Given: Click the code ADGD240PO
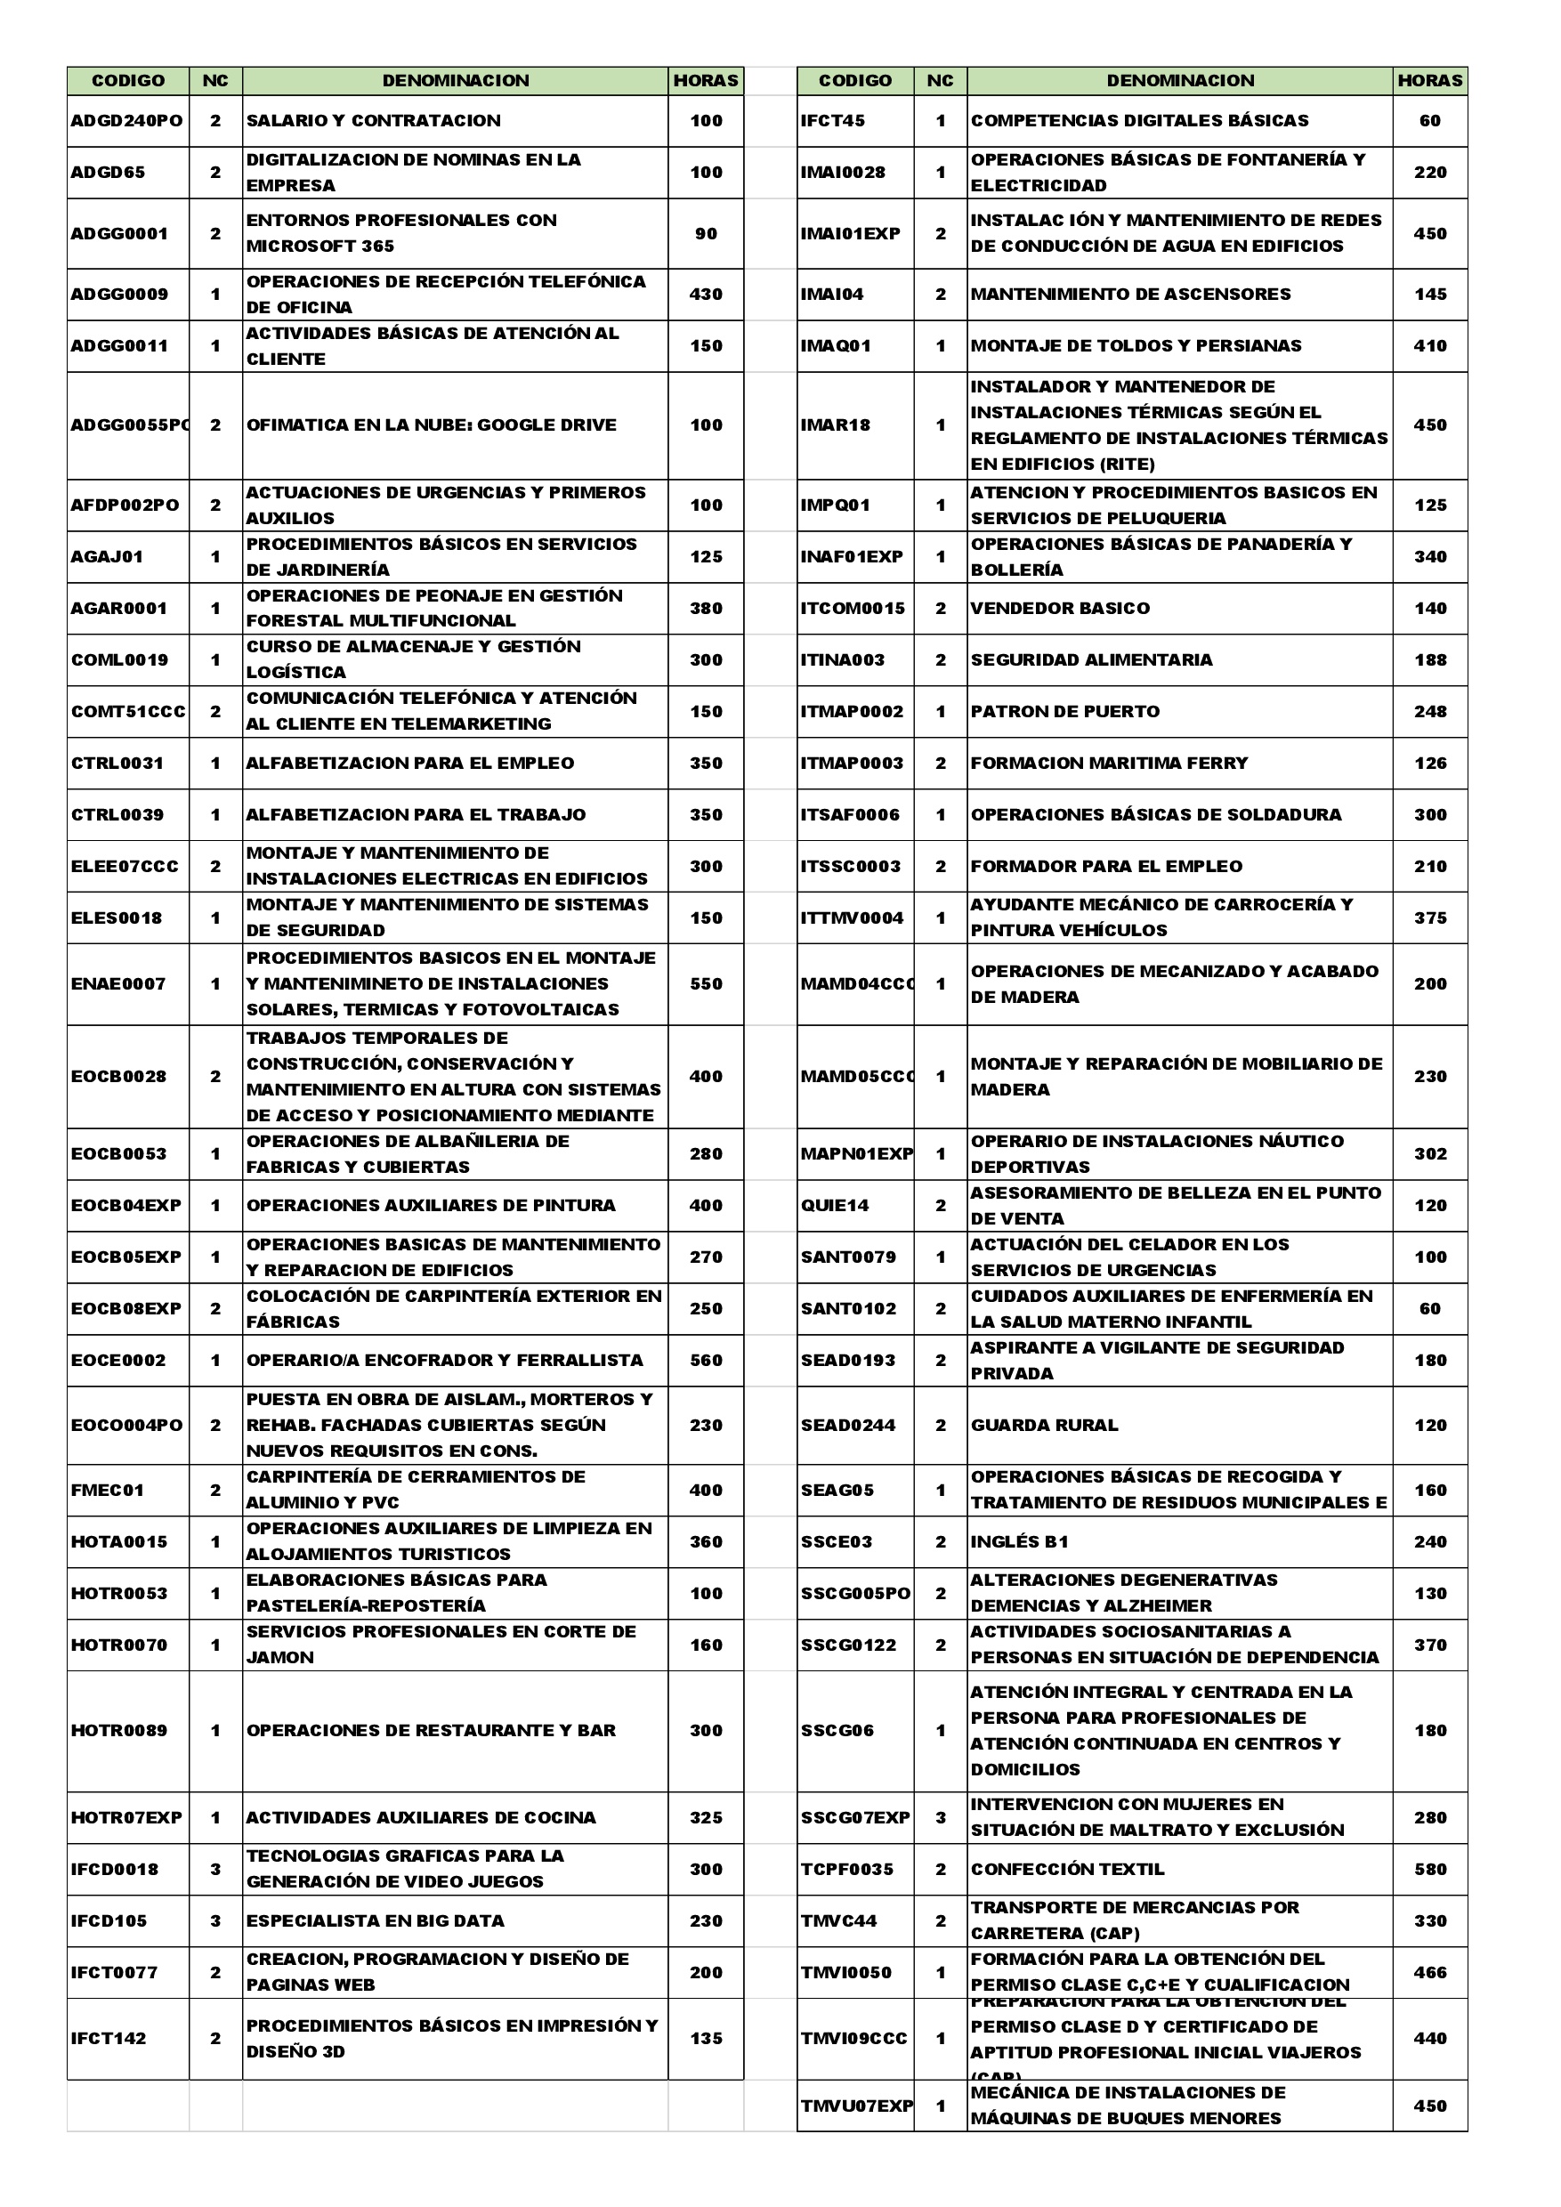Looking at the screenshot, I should (x=127, y=121).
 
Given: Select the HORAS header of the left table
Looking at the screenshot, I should (x=706, y=81).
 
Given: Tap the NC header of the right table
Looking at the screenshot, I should (x=940, y=81).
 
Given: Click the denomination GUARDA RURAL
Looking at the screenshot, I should (x=1044, y=1426).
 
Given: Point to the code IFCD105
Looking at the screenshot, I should (x=109, y=1920).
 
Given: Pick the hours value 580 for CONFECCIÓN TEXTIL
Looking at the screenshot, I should (x=1430, y=1869).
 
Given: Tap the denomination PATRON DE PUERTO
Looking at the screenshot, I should (x=1065, y=711).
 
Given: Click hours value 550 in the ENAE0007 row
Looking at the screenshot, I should (x=706, y=984).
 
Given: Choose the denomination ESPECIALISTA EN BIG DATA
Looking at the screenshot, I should (x=375, y=1920).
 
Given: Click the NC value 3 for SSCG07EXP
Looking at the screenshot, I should (x=940, y=1818).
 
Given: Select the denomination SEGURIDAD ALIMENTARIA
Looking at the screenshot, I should (x=1091, y=660).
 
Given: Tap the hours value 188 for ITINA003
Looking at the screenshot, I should (x=1430, y=660).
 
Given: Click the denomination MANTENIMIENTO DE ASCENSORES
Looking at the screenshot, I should (x=1130, y=295).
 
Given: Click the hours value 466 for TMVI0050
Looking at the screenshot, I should (x=1430, y=1972).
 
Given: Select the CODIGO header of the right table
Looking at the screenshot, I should (x=854, y=81).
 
